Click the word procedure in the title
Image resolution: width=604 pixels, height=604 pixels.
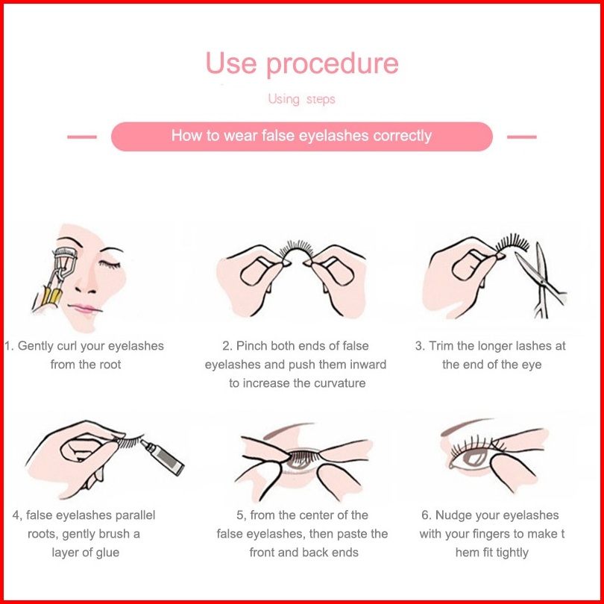tap(333, 64)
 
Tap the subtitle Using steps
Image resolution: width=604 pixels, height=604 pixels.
tap(301, 99)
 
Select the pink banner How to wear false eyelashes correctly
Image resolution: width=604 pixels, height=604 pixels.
tap(301, 136)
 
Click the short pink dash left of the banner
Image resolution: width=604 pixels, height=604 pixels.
tap(82, 136)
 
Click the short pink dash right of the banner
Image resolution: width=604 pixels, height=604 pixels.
tap(521, 136)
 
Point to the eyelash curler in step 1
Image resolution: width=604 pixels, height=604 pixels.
tap(56, 278)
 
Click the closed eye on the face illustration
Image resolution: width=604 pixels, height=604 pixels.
tap(110, 264)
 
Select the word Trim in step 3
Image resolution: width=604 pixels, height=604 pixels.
tap(441, 346)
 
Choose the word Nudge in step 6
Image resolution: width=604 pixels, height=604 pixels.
tap(453, 515)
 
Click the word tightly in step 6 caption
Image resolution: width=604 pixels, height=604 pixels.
tap(512, 553)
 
